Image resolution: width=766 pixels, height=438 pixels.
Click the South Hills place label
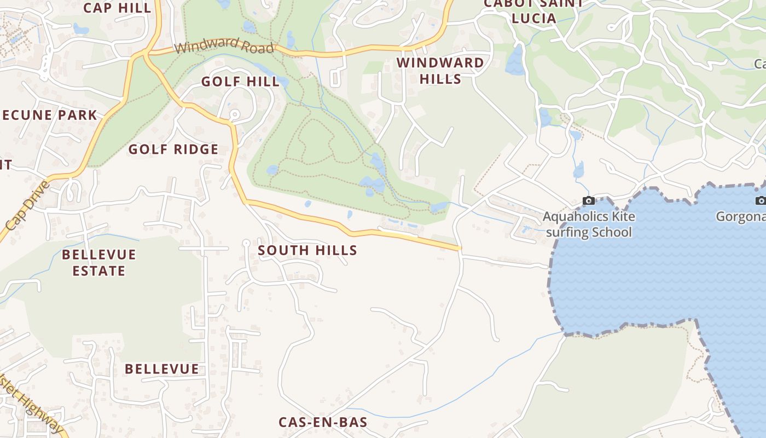click(307, 251)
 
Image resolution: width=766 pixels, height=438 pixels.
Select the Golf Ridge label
click(173, 149)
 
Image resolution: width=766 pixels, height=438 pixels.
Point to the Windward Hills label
click(440, 71)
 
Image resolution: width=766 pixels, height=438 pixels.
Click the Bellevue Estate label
click(98, 263)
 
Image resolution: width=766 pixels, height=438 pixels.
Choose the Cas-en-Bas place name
click(323, 422)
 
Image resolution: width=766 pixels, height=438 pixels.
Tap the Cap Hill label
click(117, 8)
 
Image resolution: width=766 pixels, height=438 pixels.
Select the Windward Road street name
click(224, 45)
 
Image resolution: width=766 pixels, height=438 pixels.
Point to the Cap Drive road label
click(27, 205)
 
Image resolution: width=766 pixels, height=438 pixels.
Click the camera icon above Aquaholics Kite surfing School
click(589, 201)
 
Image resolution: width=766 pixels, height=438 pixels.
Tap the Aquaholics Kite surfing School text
click(589, 224)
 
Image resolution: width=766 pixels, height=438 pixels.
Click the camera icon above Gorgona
click(760, 201)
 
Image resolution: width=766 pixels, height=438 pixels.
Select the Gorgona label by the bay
click(741, 217)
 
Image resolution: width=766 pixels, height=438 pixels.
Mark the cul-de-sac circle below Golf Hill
click(235, 114)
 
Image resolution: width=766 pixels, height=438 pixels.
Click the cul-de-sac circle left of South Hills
click(246, 243)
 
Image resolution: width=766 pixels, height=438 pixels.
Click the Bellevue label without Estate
click(161, 369)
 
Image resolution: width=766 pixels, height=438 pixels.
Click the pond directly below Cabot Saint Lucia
click(515, 60)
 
